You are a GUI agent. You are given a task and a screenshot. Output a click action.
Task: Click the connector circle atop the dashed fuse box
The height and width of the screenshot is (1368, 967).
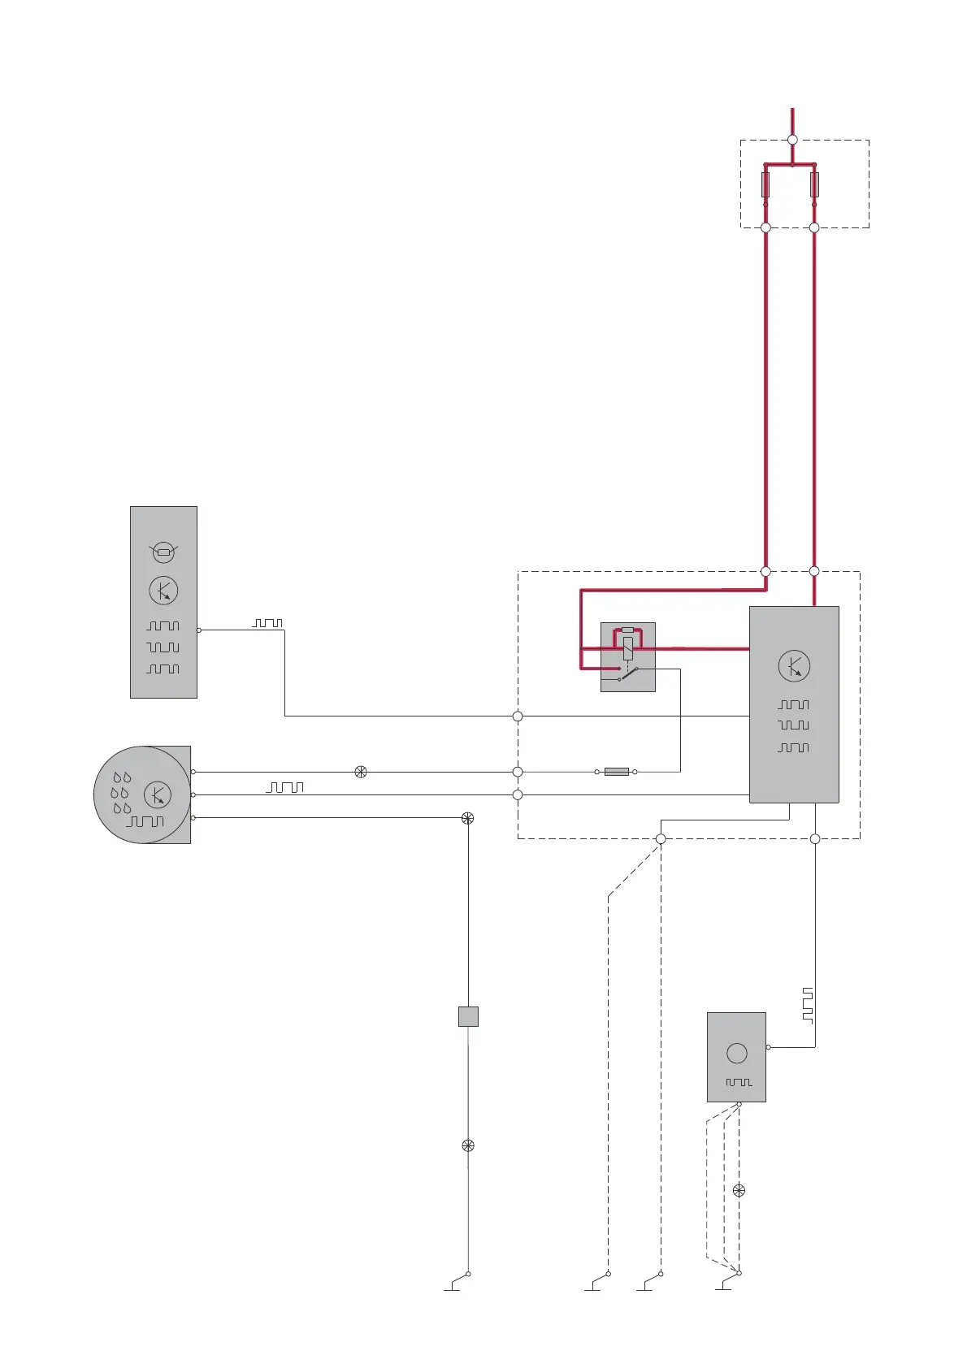pyautogui.click(x=792, y=140)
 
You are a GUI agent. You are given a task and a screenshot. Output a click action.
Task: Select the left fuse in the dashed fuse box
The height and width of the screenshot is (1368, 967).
pyautogui.click(x=765, y=184)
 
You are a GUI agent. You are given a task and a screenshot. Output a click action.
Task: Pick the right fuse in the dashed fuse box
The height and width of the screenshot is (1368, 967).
pyautogui.click(x=814, y=184)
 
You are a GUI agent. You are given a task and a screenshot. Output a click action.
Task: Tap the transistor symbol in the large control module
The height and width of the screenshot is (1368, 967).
pyautogui.click(x=794, y=666)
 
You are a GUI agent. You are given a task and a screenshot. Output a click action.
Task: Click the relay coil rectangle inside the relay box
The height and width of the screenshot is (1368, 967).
pyautogui.click(x=627, y=648)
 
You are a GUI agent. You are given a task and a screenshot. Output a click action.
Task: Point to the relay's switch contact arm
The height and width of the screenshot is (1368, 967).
pyautogui.click(x=628, y=673)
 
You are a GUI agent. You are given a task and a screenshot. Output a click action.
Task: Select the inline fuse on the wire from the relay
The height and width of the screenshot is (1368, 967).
pyautogui.click(x=616, y=771)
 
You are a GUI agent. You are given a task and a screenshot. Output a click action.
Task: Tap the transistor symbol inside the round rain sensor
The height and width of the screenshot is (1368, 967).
pyautogui.click(x=158, y=794)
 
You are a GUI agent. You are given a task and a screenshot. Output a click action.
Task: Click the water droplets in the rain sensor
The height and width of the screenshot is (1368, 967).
pyautogui.click(x=121, y=793)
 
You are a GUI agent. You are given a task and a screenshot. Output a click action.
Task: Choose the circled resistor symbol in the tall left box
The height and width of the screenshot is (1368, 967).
pyautogui.click(x=164, y=552)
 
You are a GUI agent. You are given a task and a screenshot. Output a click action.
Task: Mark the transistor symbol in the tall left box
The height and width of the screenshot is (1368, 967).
pyautogui.click(x=163, y=591)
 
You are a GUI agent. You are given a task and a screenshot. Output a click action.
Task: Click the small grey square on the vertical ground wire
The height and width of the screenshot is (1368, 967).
pyautogui.click(x=468, y=1016)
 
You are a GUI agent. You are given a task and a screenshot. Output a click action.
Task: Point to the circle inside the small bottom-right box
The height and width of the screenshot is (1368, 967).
pyautogui.click(x=737, y=1054)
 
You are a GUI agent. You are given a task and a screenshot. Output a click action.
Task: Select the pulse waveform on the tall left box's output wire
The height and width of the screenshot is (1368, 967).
pyautogui.click(x=267, y=623)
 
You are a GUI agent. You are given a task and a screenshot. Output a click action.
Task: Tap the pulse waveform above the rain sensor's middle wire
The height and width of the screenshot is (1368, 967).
pyautogui.click(x=285, y=787)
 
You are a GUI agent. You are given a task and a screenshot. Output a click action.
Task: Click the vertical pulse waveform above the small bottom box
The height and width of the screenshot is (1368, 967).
pyautogui.click(x=807, y=1005)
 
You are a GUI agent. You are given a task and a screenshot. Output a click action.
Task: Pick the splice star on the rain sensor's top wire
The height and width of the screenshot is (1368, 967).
pyautogui.click(x=361, y=772)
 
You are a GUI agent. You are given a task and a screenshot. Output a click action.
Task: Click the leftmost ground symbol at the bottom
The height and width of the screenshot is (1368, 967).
pyautogui.click(x=453, y=1285)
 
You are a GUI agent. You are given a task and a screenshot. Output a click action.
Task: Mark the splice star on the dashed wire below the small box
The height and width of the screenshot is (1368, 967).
pyautogui.click(x=739, y=1190)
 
